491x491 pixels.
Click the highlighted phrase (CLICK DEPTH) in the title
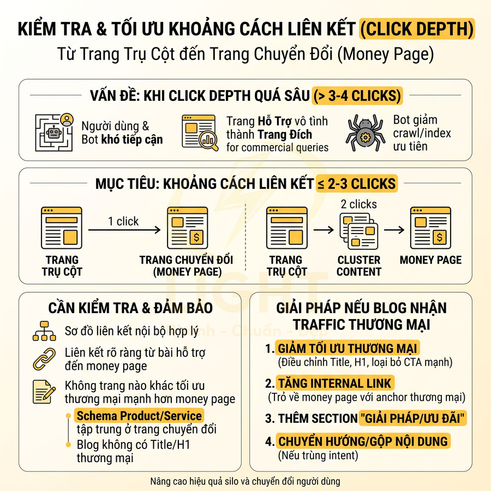pos(416,28)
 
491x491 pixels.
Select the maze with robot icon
pos(54,133)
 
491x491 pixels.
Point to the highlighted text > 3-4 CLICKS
pos(357,96)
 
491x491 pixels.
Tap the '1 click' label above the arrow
pos(123,221)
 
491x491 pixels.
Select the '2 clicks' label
pos(358,205)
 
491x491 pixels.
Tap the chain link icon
pos(44,358)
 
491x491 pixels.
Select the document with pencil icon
pos(44,392)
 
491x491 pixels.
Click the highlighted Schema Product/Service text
pos(140,415)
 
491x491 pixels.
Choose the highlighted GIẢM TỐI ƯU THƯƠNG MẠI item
pos(348,349)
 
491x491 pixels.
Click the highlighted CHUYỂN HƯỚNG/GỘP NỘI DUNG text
pos(363,441)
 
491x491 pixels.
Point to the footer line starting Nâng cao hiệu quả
pos(245,481)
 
